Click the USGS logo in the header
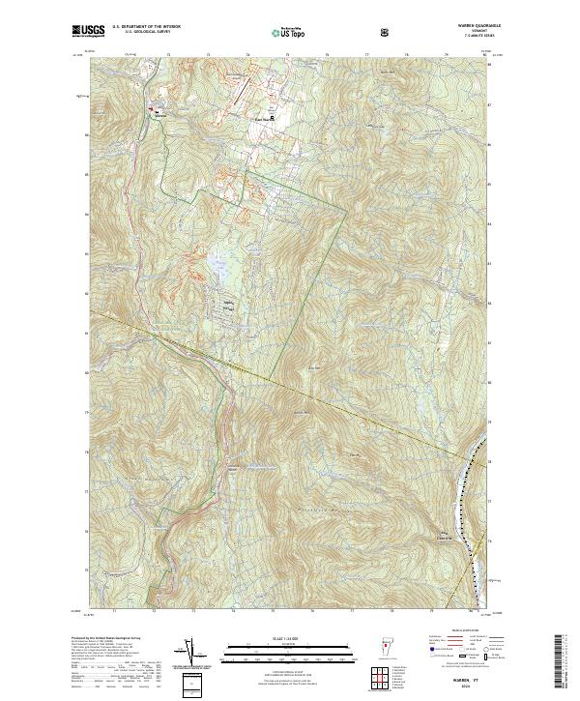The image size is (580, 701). (89, 31)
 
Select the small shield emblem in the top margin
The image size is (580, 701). (386, 31)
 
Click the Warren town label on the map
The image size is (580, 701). (160, 115)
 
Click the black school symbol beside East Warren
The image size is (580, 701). (273, 118)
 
